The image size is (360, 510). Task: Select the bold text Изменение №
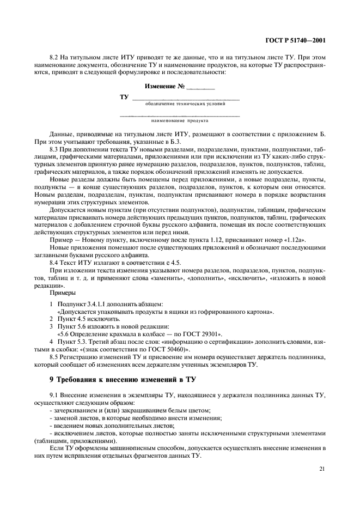(x=165, y=86)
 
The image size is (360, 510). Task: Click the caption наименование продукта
(x=180, y=120)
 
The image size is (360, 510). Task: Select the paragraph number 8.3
(x=55, y=149)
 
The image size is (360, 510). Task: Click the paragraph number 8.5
(x=55, y=356)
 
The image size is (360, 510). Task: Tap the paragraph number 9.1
(x=55, y=394)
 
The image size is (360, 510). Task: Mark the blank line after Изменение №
(x=200, y=87)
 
